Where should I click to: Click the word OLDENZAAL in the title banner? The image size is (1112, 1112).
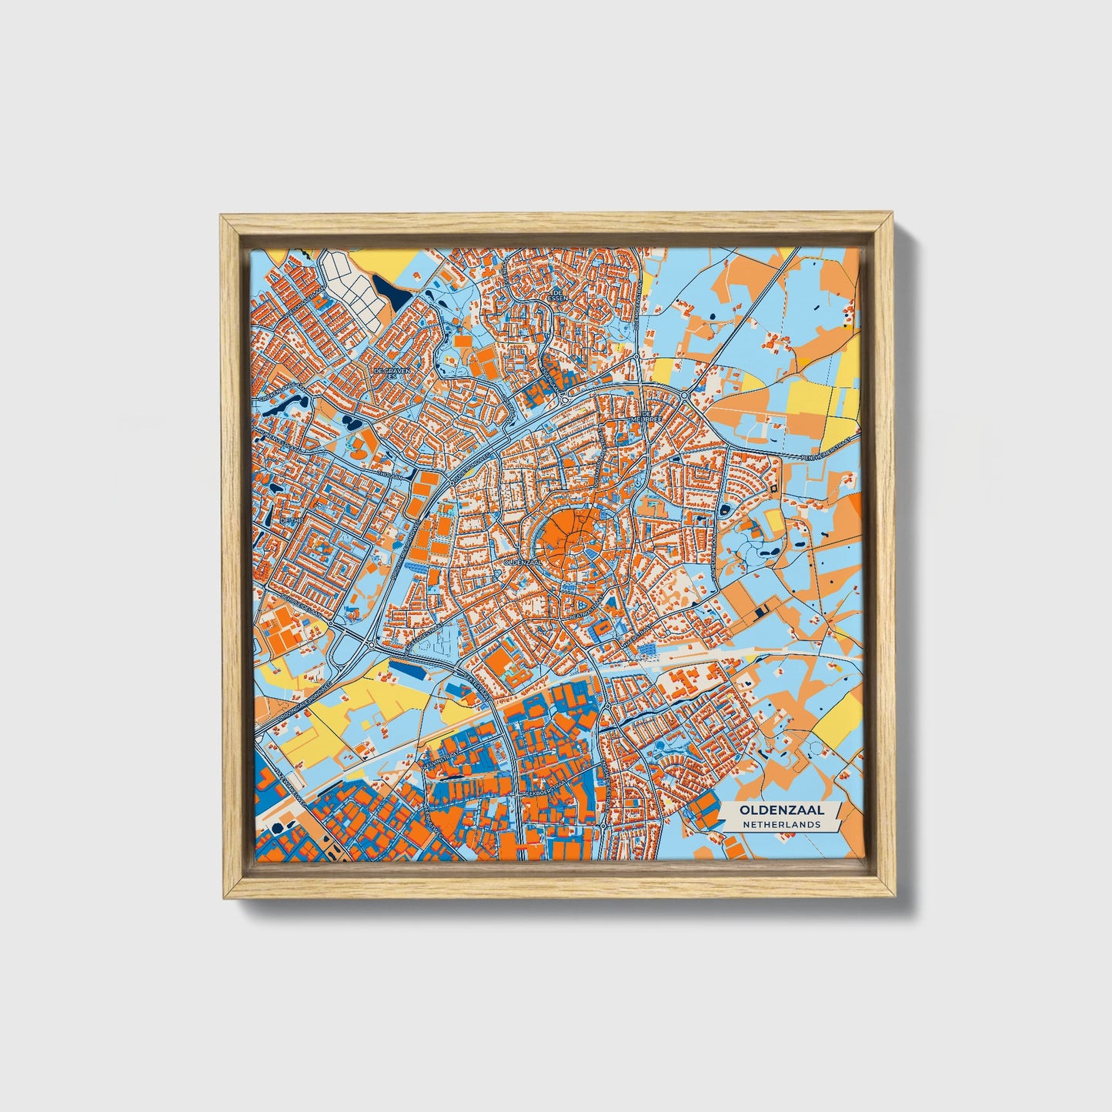tap(781, 810)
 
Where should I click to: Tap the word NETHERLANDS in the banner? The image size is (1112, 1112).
tap(781, 824)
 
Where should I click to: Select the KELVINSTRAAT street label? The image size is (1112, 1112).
tap(440, 765)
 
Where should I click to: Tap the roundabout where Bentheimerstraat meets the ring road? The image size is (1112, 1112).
tap(684, 396)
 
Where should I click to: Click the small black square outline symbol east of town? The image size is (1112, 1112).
tap(772, 489)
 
